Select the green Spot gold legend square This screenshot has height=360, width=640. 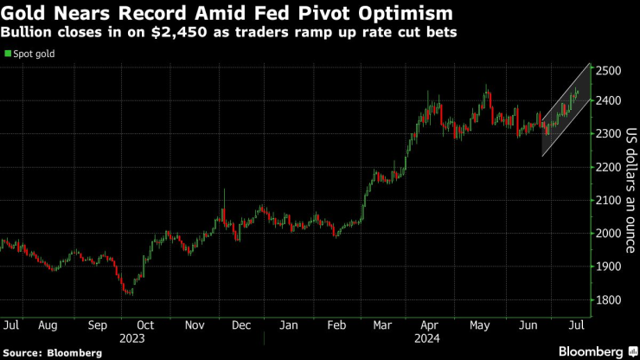pyautogui.click(x=8, y=54)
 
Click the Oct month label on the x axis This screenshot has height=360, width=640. pyautogui.click(x=145, y=325)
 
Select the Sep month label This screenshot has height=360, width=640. pyautogui.click(x=98, y=325)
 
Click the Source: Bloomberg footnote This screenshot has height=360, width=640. pyautogui.click(x=52, y=353)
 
